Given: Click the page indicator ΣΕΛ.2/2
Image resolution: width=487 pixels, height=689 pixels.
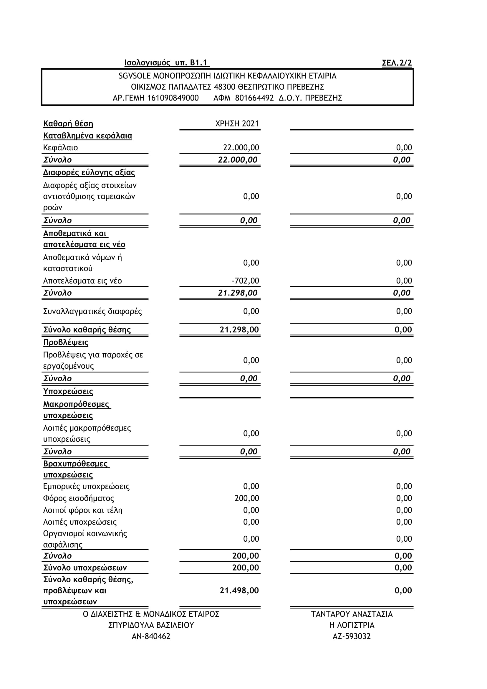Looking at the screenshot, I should click(x=396, y=63).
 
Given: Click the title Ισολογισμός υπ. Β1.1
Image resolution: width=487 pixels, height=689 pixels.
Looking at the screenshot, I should click(x=166, y=63).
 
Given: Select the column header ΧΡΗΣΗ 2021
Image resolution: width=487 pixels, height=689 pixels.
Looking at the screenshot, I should click(x=237, y=124).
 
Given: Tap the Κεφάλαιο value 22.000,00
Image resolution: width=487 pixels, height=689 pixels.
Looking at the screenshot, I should click(x=241, y=148).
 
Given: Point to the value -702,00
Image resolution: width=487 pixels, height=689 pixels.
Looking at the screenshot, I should click(x=245, y=281).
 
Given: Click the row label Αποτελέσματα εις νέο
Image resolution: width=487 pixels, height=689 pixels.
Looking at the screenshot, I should click(x=82, y=281).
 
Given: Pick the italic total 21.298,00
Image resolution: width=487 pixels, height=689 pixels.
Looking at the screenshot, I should click(x=238, y=293).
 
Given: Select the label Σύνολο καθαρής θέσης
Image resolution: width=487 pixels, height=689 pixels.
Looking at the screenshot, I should click(x=87, y=330).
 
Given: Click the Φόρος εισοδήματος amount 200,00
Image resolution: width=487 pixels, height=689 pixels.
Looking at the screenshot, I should click(x=246, y=498).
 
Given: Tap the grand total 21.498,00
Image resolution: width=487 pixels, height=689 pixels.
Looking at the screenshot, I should click(x=239, y=590).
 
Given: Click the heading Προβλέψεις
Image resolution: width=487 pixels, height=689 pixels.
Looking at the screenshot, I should click(x=66, y=342).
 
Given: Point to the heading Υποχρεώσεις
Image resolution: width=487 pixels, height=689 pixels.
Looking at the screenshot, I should click(x=68, y=391).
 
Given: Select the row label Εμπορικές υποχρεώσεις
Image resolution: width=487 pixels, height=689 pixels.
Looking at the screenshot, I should click(x=86, y=486).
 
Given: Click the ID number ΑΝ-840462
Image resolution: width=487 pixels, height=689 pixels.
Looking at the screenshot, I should click(x=151, y=636).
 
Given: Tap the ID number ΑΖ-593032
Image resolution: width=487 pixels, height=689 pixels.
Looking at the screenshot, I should click(x=352, y=636).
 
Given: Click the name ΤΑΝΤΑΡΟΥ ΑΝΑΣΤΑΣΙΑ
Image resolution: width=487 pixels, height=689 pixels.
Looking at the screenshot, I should click(x=352, y=614).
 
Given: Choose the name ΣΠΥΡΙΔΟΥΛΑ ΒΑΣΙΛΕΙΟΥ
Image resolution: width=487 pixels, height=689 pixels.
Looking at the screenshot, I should click(x=151, y=625).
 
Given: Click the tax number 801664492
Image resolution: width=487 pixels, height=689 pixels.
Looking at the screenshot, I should click(x=254, y=98).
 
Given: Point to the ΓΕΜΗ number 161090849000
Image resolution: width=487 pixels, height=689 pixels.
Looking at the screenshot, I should click(x=173, y=98).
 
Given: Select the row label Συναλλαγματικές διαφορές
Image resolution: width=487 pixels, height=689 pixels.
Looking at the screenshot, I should click(x=92, y=311).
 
